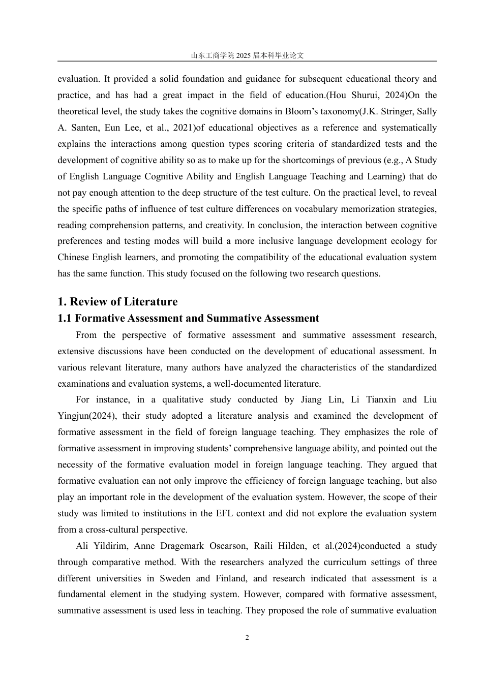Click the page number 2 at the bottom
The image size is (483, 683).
(247, 638)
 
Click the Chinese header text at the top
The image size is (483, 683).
(247, 55)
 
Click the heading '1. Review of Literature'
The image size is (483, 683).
(117, 302)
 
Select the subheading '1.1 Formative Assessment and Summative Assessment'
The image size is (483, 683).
(188, 319)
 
